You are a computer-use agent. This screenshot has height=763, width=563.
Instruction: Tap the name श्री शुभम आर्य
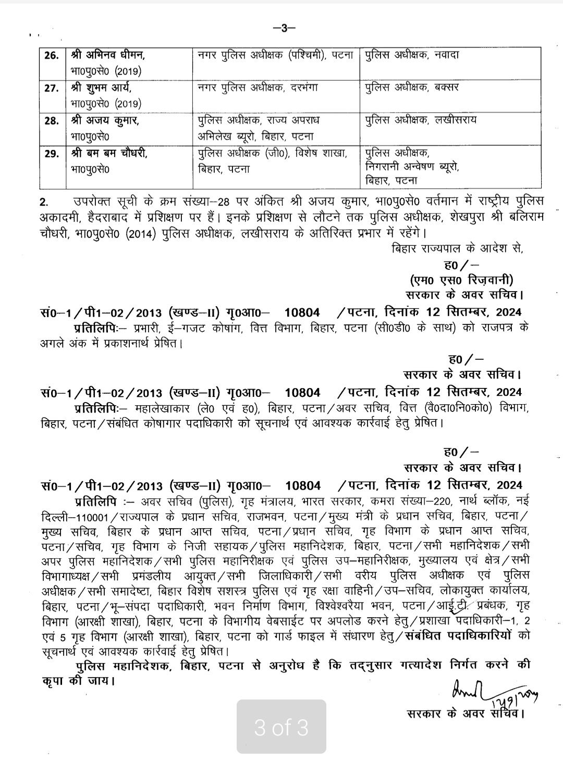[104, 88]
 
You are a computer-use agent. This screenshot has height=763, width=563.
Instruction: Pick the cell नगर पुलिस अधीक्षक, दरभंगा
[255, 87]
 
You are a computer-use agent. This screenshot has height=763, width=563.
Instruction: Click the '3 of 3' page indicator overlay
[281, 727]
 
